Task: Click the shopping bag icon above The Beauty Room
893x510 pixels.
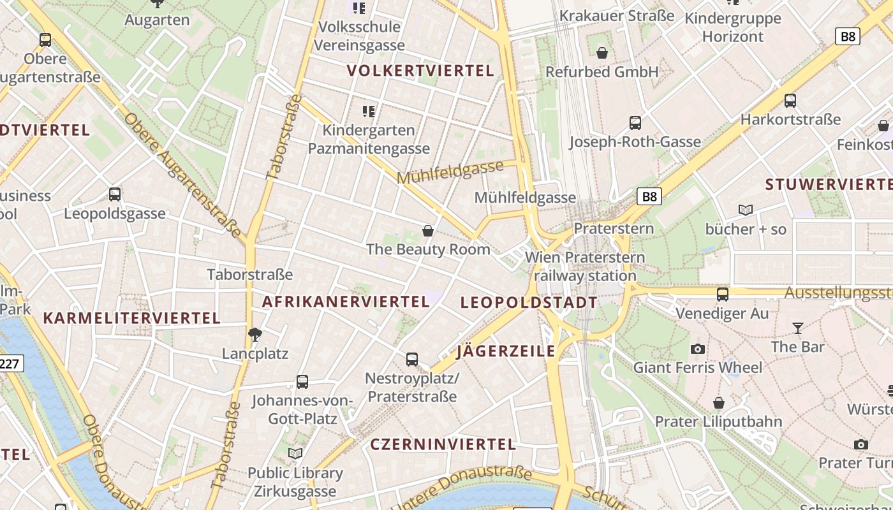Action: click(x=428, y=230)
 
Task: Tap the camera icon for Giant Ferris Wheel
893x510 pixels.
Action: click(x=698, y=349)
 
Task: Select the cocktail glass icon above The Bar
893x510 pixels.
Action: click(x=797, y=328)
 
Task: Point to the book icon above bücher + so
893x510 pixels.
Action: click(x=745, y=210)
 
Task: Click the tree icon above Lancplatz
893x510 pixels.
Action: click(x=255, y=335)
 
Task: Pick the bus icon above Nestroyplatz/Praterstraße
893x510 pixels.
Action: click(x=412, y=360)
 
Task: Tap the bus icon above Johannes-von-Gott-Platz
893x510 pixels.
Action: click(x=302, y=382)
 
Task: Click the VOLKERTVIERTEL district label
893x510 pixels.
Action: click(x=420, y=71)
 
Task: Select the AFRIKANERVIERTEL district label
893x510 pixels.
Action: click(x=346, y=302)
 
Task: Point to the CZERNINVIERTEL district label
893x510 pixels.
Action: click(x=443, y=444)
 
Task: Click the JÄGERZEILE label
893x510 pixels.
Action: click(x=506, y=351)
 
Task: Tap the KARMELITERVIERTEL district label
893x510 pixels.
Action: click(x=131, y=317)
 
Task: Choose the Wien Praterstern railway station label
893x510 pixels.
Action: click(x=584, y=266)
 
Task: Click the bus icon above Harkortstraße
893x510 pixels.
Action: click(x=790, y=101)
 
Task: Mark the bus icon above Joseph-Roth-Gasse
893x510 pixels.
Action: click(x=635, y=123)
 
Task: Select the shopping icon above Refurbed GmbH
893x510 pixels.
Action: click(x=601, y=53)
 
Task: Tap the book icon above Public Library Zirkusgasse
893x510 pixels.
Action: click(x=295, y=454)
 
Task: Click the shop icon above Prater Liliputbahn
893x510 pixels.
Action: click(x=719, y=403)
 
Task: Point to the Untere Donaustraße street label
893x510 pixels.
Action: click(x=462, y=487)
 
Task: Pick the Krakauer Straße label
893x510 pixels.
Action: click(x=616, y=16)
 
